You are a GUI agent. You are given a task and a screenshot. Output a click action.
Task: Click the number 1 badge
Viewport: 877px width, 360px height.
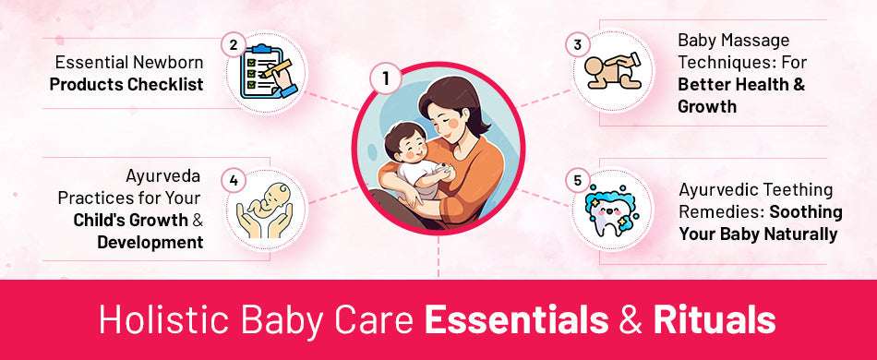click(385, 78)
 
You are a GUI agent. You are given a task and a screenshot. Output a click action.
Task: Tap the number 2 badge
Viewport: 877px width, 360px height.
click(234, 45)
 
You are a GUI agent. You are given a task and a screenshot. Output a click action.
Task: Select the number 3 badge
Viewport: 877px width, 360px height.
click(577, 45)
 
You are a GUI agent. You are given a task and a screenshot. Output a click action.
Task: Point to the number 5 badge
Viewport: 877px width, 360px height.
click(578, 179)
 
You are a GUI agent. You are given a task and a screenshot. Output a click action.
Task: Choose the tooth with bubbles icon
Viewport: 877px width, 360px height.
click(615, 211)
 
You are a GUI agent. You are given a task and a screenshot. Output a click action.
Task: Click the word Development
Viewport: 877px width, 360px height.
click(150, 243)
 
